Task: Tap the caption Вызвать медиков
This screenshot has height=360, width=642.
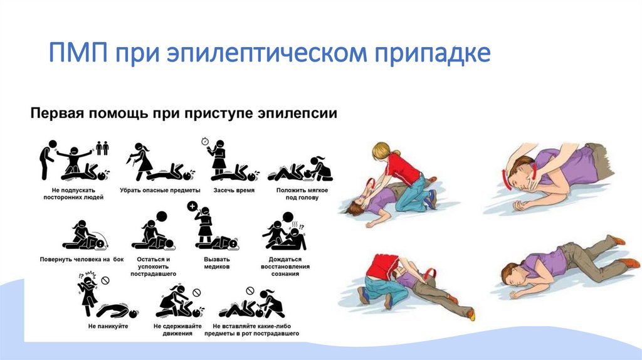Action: (217, 262)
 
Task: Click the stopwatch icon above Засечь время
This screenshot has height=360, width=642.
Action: (205, 140)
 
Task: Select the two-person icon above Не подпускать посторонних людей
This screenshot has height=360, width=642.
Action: (102, 148)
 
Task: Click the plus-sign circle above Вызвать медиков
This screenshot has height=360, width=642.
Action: (192, 206)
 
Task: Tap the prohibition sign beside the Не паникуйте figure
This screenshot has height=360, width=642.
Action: (106, 279)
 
